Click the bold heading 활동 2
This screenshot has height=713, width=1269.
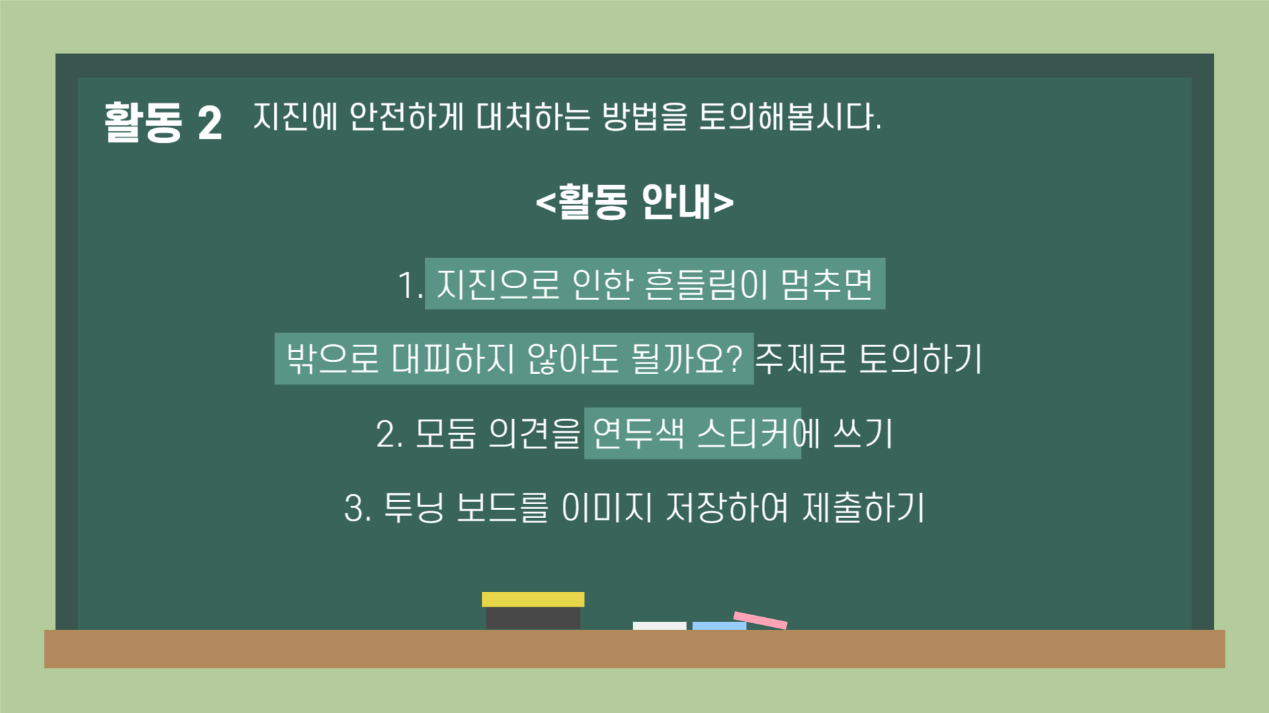coord(163,122)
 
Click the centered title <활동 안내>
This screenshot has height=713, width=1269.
coord(634,202)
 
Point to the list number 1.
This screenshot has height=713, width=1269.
coord(409,285)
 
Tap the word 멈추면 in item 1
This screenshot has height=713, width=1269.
coord(827,285)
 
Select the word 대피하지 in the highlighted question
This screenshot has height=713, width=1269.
coord(452,359)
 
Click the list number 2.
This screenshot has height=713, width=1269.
coord(389,435)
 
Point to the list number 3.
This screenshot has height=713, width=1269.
coord(357,509)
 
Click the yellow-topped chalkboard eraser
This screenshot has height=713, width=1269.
coord(533,611)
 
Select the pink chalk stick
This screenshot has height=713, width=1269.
coord(760,620)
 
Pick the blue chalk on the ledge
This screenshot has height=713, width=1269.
coord(719,625)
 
